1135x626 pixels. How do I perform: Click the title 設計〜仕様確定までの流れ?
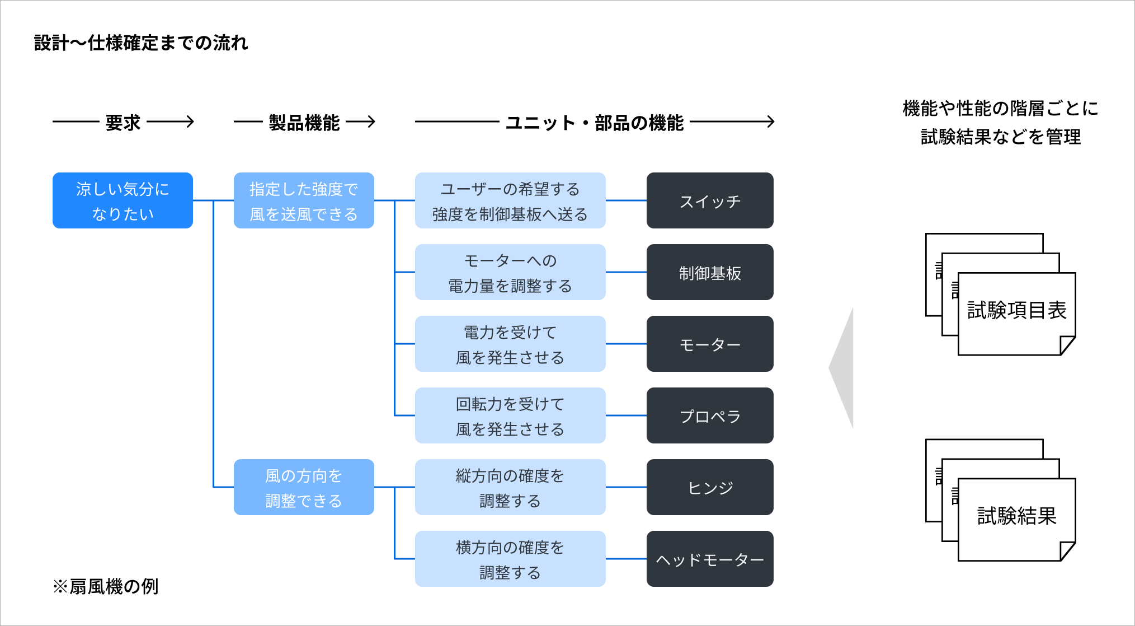pyautogui.click(x=141, y=43)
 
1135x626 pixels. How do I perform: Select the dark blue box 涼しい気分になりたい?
pyautogui.click(x=123, y=200)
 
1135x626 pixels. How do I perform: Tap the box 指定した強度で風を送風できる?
pyautogui.click(x=304, y=200)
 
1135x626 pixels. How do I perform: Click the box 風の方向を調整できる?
pyautogui.click(x=304, y=487)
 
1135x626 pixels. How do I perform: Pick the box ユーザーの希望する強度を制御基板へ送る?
pyautogui.click(x=510, y=200)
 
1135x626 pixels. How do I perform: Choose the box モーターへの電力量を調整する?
pyautogui.click(x=510, y=272)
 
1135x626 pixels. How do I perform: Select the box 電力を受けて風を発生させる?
pyautogui.click(x=510, y=344)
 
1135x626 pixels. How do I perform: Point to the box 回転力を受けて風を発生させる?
pyautogui.click(x=510, y=415)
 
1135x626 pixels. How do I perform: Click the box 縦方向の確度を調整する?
pyautogui.click(x=510, y=487)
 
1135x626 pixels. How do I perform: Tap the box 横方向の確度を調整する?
pyautogui.click(x=510, y=559)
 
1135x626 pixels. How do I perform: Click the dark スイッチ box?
pyautogui.click(x=710, y=200)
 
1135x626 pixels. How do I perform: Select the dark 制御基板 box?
pyautogui.click(x=710, y=272)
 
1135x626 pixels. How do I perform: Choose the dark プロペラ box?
pyautogui.click(x=710, y=415)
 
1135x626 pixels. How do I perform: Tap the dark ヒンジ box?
pyautogui.click(x=710, y=487)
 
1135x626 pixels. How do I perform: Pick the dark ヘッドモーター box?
pyautogui.click(x=710, y=559)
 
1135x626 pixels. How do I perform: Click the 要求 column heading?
pyautogui.click(x=123, y=122)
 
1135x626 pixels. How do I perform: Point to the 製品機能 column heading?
pyautogui.click(x=304, y=122)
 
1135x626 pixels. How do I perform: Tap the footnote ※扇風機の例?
pyautogui.click(x=106, y=586)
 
